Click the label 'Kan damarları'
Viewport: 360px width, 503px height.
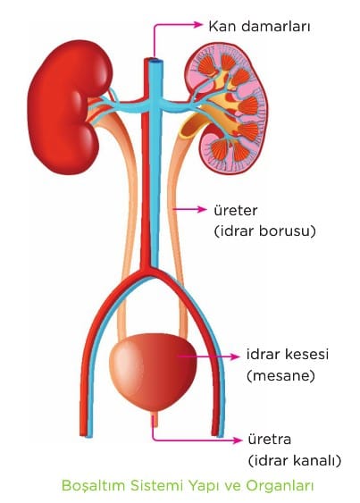click(x=259, y=26)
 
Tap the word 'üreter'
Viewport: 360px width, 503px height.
click(x=236, y=211)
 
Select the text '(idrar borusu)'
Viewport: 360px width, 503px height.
click(x=264, y=231)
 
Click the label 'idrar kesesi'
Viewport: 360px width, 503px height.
click(x=288, y=355)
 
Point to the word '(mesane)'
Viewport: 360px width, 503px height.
click(x=280, y=375)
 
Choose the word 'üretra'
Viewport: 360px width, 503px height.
click(x=270, y=440)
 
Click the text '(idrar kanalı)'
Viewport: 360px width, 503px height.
click(x=295, y=461)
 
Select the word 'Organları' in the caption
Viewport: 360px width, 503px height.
click(x=280, y=486)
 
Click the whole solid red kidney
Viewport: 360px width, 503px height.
click(x=66, y=107)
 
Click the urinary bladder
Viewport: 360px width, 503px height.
click(x=153, y=373)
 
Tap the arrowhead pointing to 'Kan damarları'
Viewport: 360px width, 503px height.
click(x=198, y=25)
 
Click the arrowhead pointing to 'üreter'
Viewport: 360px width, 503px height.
click(x=202, y=209)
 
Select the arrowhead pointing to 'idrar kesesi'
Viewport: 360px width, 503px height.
click(x=235, y=356)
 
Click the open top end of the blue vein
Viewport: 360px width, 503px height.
click(x=155, y=60)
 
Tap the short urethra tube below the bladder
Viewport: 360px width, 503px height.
click(x=155, y=419)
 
